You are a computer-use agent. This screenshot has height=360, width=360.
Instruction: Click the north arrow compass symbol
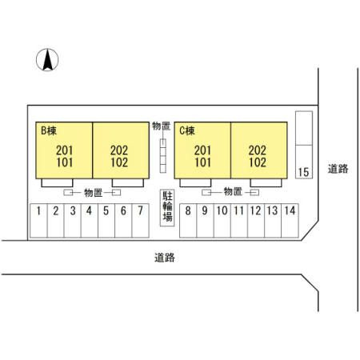47,60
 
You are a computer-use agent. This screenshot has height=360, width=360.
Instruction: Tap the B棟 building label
49,130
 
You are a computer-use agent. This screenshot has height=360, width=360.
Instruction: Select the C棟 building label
187,130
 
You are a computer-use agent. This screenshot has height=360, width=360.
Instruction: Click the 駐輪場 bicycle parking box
167,208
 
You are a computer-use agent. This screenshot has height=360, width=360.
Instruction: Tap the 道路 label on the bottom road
165,258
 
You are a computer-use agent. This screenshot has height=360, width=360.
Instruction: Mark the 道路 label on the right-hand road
338,169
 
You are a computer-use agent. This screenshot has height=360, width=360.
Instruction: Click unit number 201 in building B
65,150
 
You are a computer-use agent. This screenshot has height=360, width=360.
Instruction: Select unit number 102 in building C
258,162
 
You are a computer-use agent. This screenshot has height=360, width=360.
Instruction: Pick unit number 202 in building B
119,150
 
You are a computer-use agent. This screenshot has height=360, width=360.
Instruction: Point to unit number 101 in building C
203,162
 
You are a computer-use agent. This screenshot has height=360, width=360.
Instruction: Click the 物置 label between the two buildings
161,126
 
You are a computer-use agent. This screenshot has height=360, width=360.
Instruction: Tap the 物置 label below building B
94,193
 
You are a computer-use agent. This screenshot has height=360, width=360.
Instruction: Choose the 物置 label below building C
233,191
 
